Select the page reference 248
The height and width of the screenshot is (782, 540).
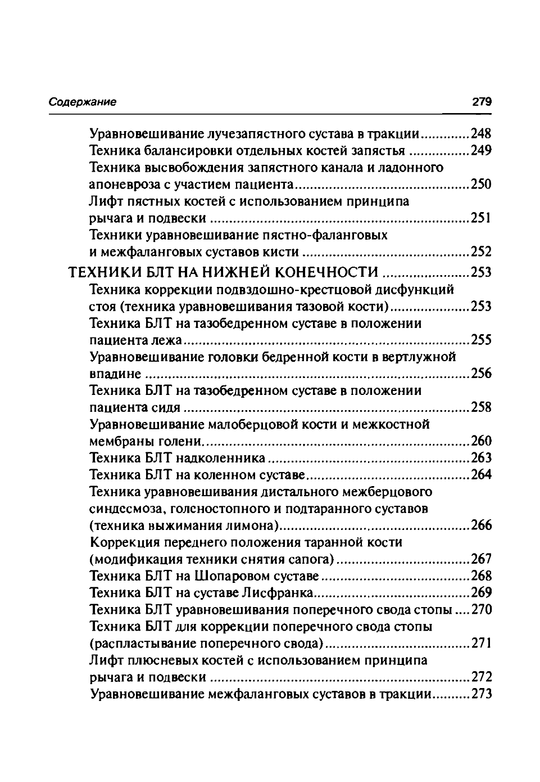coord(481,134)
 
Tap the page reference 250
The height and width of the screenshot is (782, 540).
coord(481,185)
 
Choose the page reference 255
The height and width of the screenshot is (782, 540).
coord(481,340)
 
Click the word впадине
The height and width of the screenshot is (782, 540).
coord(115,374)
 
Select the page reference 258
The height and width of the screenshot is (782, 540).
coord(481,407)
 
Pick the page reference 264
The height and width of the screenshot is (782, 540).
coord(481,475)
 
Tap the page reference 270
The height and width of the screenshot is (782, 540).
coord(482,610)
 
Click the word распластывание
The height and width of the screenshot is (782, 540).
coord(148,644)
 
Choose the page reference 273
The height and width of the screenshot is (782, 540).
coord(482,694)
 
